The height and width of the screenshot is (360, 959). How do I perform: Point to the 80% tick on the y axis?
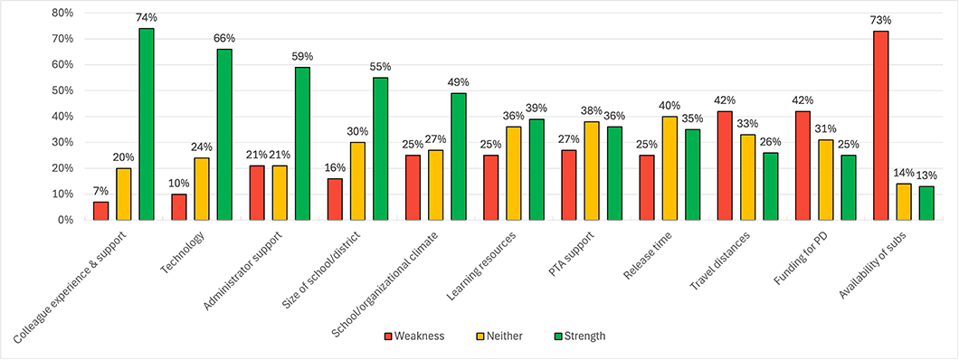60,13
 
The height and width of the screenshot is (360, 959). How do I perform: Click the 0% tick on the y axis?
63,220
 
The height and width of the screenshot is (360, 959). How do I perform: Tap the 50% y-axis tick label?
60,90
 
